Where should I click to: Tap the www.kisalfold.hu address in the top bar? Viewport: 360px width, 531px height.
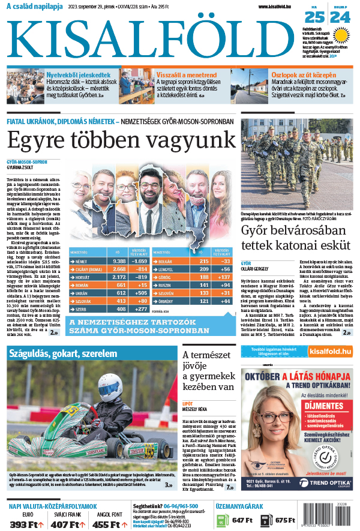(276, 7)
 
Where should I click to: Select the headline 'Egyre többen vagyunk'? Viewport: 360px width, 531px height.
(119, 142)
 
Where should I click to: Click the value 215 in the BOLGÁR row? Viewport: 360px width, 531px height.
(203, 262)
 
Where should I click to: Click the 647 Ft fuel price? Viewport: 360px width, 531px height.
(243, 520)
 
